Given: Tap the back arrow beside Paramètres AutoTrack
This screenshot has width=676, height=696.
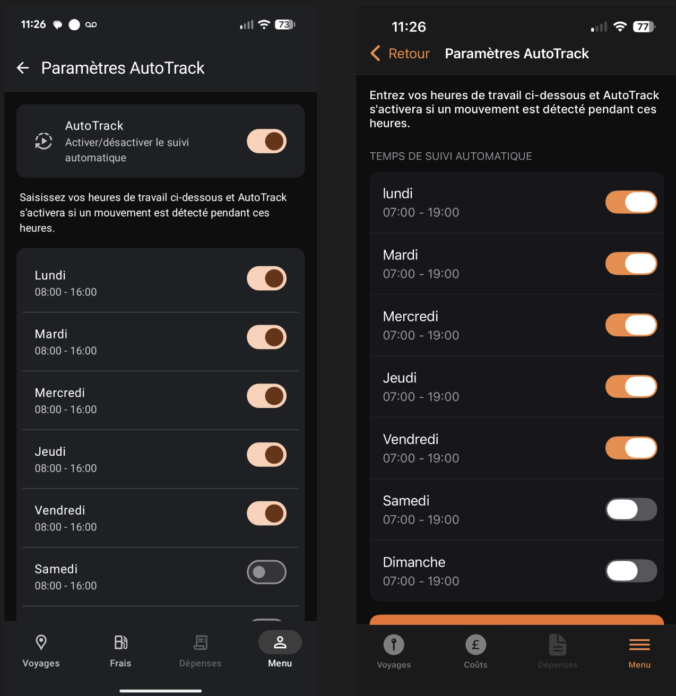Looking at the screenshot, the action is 23,68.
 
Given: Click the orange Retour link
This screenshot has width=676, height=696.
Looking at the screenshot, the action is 409,54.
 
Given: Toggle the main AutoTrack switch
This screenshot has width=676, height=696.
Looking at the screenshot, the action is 266,141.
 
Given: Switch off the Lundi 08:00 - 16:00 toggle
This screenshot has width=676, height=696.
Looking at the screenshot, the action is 266,279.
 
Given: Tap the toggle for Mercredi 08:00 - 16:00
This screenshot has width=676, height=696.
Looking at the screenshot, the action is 266,396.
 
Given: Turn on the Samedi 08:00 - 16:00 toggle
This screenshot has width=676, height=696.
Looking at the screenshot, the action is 266,572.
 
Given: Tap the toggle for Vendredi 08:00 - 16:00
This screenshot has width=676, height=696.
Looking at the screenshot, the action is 266,513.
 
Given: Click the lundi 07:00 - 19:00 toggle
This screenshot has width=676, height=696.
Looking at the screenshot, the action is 631,202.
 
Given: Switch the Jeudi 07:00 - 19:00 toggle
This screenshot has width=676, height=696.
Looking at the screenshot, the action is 631,386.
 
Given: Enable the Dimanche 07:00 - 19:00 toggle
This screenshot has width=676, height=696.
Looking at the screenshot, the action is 631,571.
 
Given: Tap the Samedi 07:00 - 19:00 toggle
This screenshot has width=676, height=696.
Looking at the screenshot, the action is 631,509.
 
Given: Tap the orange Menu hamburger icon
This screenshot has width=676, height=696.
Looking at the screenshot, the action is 639,645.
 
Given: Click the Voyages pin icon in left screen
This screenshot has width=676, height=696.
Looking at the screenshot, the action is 41,642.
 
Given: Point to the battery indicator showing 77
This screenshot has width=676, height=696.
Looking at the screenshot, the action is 644,27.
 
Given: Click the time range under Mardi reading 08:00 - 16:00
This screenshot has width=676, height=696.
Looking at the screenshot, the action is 66,351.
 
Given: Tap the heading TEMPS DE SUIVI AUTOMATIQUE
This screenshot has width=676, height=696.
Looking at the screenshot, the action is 450,156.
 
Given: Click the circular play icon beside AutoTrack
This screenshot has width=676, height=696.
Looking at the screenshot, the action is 44,141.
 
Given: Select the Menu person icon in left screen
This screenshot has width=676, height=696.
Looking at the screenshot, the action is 280,642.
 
